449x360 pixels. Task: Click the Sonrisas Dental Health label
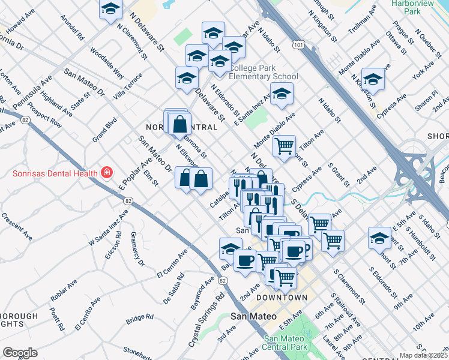click(55, 174)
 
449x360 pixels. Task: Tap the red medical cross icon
click(107, 173)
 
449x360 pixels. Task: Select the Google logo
click(20, 353)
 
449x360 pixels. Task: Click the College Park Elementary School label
click(264, 72)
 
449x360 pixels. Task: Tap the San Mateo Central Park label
click(286, 343)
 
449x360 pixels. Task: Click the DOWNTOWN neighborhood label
click(282, 298)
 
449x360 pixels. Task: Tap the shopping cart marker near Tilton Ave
click(284, 145)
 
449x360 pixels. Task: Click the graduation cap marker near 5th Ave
click(379, 237)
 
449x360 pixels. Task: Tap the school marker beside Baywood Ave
click(230, 248)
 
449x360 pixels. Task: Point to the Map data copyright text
click(423, 355)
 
